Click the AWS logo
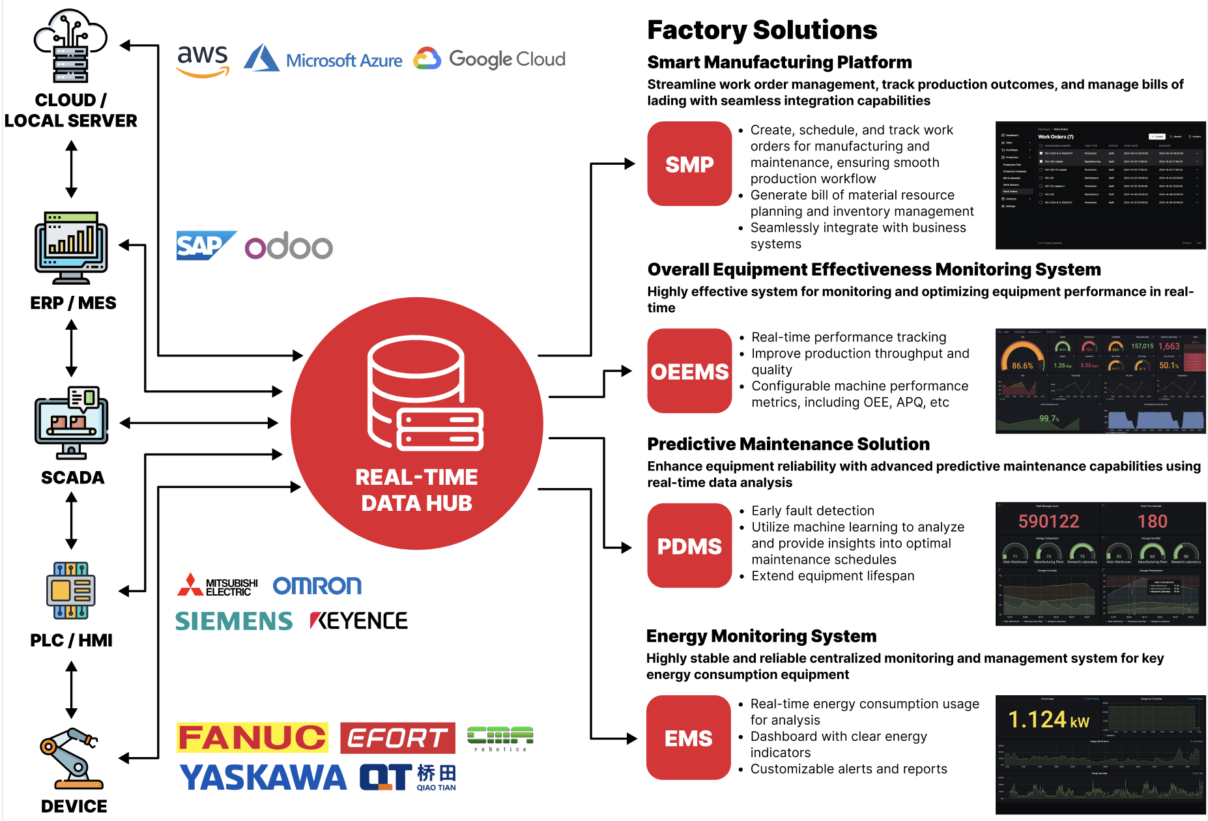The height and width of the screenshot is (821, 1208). tap(203, 61)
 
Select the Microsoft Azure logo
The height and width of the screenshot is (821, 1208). tap(323, 59)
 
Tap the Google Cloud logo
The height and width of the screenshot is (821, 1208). tap(490, 59)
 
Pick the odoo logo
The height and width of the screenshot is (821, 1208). tap(289, 246)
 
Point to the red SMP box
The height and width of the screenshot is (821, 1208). tap(689, 164)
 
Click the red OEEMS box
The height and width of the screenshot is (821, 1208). tap(689, 371)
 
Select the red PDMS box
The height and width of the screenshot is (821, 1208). tap(689, 545)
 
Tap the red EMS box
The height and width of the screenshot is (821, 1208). tap(688, 738)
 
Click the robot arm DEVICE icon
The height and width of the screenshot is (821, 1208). tap(70, 758)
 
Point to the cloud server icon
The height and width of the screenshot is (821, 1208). tap(70, 46)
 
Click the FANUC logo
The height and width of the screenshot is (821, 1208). tap(252, 738)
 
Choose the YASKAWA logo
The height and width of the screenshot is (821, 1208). tap(263, 777)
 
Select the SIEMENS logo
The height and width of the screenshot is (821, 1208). tap(234, 621)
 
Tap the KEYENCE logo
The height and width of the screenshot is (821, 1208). tap(359, 620)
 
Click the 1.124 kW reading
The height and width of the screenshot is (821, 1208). tap(1048, 720)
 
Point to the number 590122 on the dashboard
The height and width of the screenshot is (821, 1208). tap(1048, 521)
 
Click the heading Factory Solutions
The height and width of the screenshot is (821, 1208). tap(762, 30)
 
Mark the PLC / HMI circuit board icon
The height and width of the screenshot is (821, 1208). tap(71, 590)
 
